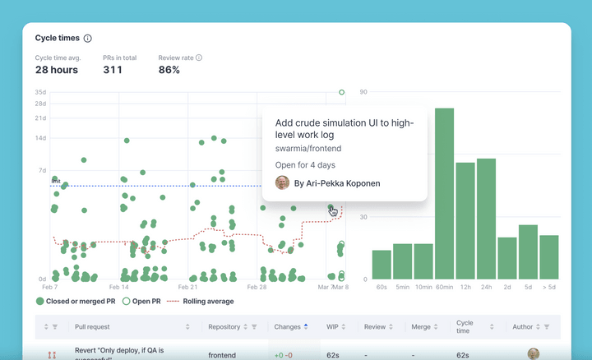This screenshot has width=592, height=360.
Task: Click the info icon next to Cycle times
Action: pos(88,38)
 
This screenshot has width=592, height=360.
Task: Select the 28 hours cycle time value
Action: pos(56,70)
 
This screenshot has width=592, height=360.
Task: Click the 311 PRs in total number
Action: pos(113,70)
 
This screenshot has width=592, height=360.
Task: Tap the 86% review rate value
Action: pos(169,70)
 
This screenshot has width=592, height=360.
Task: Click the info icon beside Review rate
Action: pos(199,58)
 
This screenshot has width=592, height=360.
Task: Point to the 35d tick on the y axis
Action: pos(40,92)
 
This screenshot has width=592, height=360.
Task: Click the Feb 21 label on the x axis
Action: pos(188,288)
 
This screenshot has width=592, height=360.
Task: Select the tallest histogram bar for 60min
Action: pos(444,193)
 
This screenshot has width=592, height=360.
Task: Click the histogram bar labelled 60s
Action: pos(382,265)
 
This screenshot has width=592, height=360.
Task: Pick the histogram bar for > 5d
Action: pos(548,256)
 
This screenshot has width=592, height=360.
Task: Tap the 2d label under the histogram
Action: pos(507,288)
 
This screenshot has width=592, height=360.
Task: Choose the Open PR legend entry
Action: pos(141,302)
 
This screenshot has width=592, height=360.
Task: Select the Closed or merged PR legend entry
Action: pos(75,302)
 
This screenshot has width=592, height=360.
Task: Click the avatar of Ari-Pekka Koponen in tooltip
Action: pos(282,182)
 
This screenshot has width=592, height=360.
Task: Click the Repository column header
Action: pos(224,327)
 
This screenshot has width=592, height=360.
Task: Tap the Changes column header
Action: pos(287,327)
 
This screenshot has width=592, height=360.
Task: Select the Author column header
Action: pos(523,327)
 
